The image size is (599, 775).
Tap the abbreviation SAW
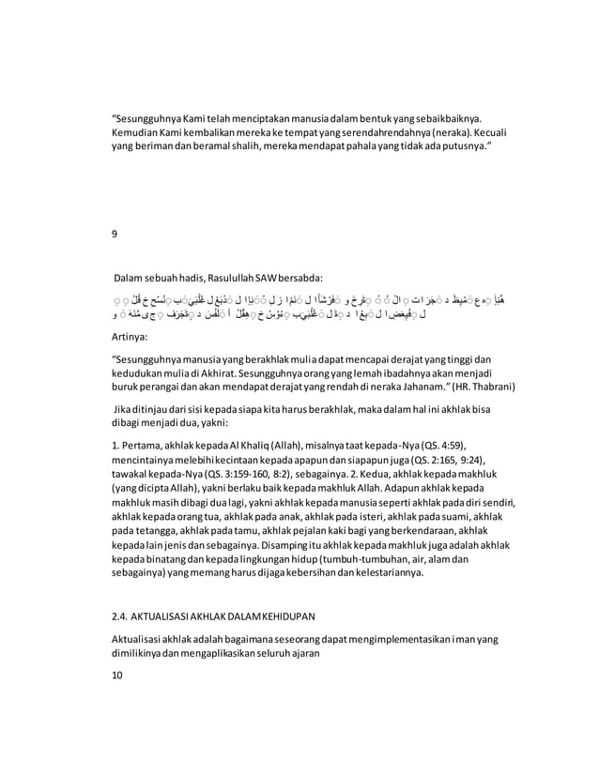click(262, 279)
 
